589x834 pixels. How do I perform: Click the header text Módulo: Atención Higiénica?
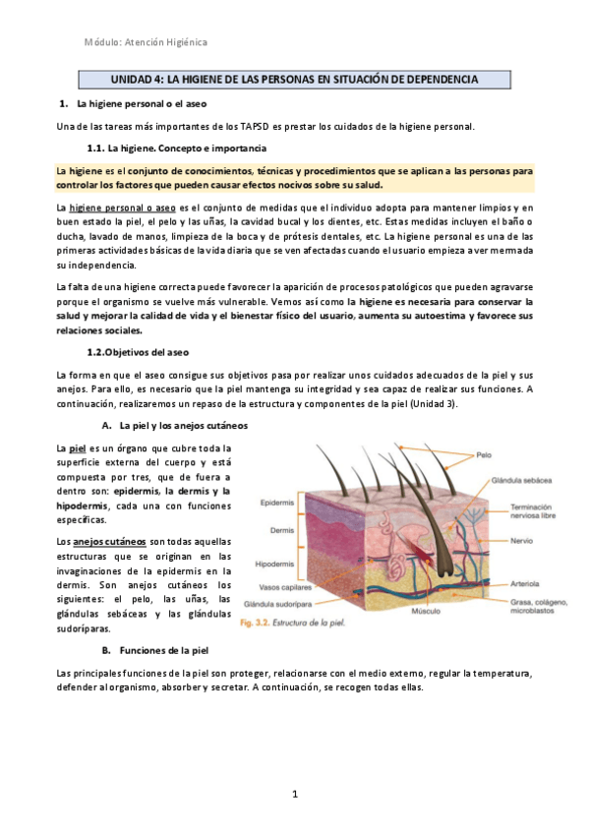(x=146, y=42)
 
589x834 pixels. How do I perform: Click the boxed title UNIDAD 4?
(x=294, y=78)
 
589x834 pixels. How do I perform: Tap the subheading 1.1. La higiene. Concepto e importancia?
(x=176, y=148)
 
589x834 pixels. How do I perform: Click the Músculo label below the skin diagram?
(x=425, y=611)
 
